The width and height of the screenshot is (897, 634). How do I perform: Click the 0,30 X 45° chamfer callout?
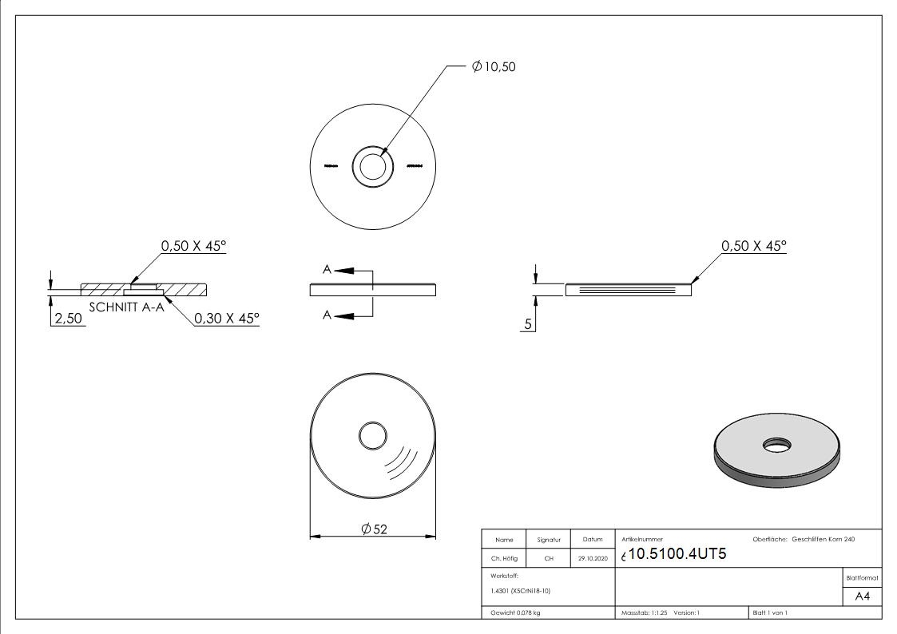(x=227, y=318)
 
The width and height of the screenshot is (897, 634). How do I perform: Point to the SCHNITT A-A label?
(x=126, y=307)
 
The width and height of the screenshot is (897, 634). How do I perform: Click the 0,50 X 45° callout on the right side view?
(x=753, y=246)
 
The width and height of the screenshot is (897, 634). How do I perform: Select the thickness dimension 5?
(x=528, y=324)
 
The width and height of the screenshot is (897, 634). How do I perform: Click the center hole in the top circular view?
(x=371, y=167)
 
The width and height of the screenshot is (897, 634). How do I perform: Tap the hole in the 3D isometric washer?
(x=775, y=444)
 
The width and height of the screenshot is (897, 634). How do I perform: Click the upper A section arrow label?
(x=327, y=271)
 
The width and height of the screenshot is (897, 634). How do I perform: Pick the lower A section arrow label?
(x=327, y=315)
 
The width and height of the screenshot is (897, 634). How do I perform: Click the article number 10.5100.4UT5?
(x=677, y=555)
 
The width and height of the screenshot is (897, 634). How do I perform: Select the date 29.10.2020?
(x=592, y=559)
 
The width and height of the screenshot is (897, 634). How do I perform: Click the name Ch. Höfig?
(x=504, y=559)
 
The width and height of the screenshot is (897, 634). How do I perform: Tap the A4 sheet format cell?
(x=862, y=596)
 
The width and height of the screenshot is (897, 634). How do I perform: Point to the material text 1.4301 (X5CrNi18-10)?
(x=521, y=591)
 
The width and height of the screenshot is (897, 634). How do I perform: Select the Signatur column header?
(x=549, y=540)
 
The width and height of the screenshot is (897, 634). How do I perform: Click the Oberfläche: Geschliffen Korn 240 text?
(x=804, y=540)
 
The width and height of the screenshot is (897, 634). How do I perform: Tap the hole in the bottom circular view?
(x=372, y=436)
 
